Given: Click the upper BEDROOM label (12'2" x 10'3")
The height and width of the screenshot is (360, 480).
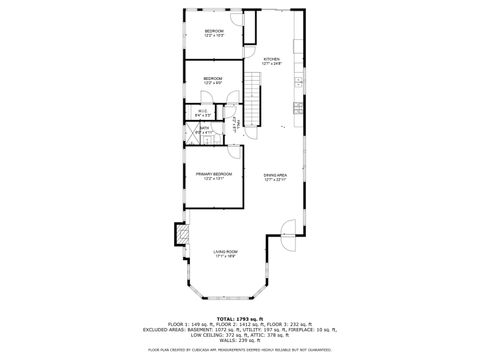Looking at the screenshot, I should tap(214, 31).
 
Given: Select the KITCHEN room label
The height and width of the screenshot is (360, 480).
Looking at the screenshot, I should tap(272, 59).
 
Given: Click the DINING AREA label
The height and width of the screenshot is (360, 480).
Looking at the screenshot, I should tap(275, 176).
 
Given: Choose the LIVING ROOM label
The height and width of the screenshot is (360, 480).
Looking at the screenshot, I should tap(225, 251).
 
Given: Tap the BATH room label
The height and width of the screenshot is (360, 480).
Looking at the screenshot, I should tap(204, 128).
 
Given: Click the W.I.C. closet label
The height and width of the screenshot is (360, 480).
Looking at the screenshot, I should tap(203, 111).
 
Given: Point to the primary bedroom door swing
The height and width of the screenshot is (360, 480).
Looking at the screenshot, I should tap(234, 152).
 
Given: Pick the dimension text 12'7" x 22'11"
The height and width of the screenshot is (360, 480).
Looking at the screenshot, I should tap(275, 181).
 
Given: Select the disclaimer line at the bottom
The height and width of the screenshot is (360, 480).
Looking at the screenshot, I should tap(240, 350).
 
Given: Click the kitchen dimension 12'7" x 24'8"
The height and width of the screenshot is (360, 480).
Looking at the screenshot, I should tap(272, 64).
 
